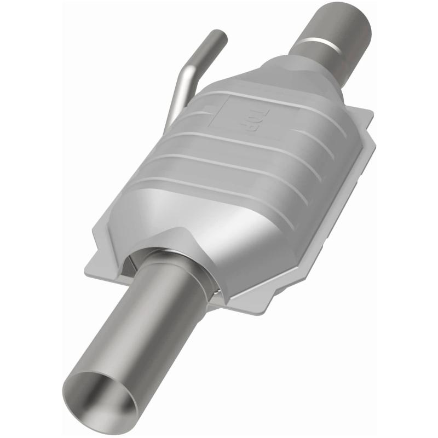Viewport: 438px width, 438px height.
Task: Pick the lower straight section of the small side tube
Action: click(x=175, y=101)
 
